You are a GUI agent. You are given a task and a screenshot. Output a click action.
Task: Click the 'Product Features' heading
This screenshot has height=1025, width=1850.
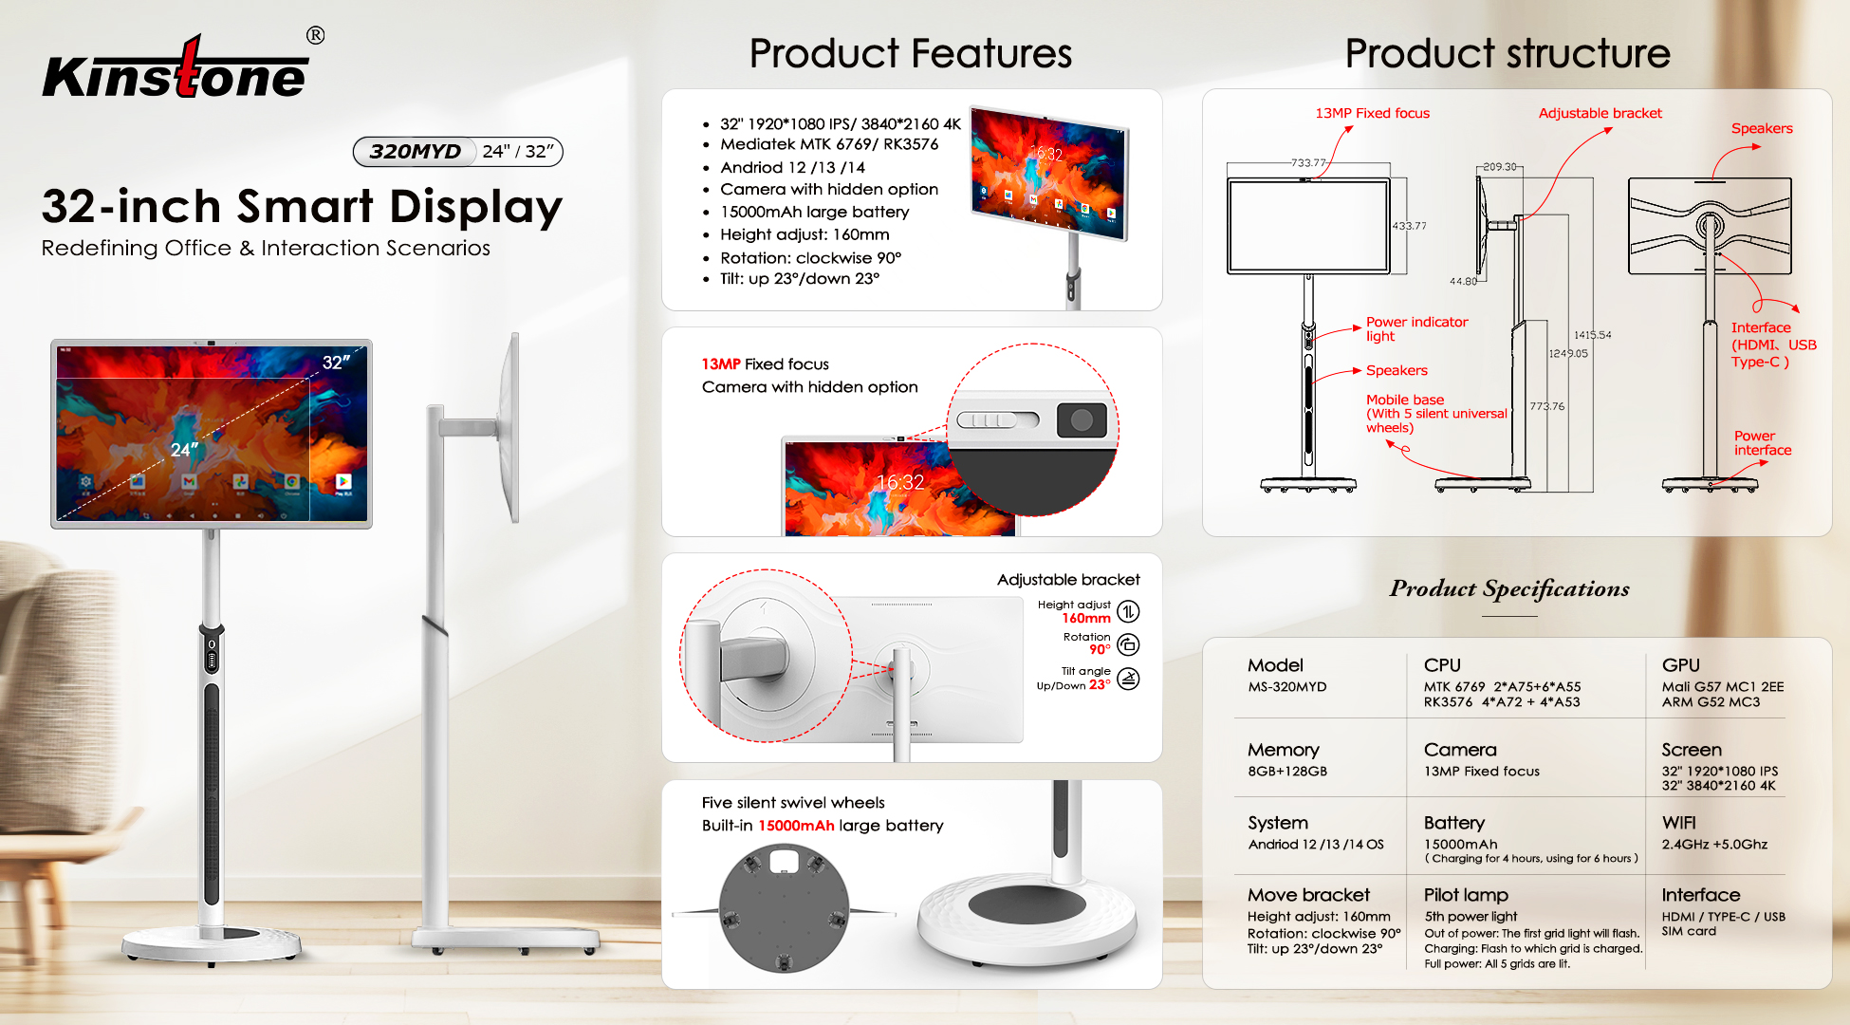pyautogui.click(x=910, y=53)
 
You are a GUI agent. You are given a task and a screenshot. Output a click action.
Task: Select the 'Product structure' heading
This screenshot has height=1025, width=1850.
pyautogui.click(x=1508, y=53)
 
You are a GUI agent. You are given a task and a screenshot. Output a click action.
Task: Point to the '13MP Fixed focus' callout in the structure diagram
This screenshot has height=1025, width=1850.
pyautogui.click(x=1372, y=113)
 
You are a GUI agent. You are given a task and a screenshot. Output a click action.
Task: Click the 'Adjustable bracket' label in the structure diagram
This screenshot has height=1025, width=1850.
pyautogui.click(x=1600, y=113)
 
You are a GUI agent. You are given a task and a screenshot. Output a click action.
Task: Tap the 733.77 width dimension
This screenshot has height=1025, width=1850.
pyautogui.click(x=1307, y=163)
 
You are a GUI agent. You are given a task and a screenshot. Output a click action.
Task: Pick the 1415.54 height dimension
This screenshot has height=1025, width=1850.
pyautogui.click(x=1592, y=335)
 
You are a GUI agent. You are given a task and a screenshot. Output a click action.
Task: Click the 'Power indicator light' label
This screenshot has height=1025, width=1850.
pyautogui.click(x=1416, y=328)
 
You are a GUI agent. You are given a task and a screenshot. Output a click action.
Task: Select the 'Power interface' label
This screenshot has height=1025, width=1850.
pyautogui.click(x=1763, y=443)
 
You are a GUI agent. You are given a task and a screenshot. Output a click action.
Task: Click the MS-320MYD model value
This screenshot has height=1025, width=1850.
pyautogui.click(x=1286, y=687)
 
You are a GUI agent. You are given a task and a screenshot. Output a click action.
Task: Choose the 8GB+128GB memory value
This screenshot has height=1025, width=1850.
pyautogui.click(x=1286, y=772)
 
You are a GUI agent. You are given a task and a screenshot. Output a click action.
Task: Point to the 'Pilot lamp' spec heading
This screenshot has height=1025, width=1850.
pyautogui.click(x=1465, y=895)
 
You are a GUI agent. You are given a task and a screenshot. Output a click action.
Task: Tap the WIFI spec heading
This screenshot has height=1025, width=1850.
pyautogui.click(x=1678, y=823)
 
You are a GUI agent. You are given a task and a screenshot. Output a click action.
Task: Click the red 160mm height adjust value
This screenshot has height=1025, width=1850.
pyautogui.click(x=1086, y=619)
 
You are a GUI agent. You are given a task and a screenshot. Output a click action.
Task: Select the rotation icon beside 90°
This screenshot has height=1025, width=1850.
pyautogui.click(x=1128, y=645)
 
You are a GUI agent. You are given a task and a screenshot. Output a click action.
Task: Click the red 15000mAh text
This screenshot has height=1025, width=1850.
pyautogui.click(x=796, y=826)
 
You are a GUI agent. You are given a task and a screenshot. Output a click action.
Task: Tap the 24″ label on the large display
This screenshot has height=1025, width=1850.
pyautogui.click(x=184, y=449)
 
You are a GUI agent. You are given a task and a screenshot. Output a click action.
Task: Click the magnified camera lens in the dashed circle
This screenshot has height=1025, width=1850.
pyautogui.click(x=1082, y=419)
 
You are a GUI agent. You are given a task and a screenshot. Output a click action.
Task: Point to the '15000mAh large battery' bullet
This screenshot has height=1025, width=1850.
pyautogui.click(x=814, y=213)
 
